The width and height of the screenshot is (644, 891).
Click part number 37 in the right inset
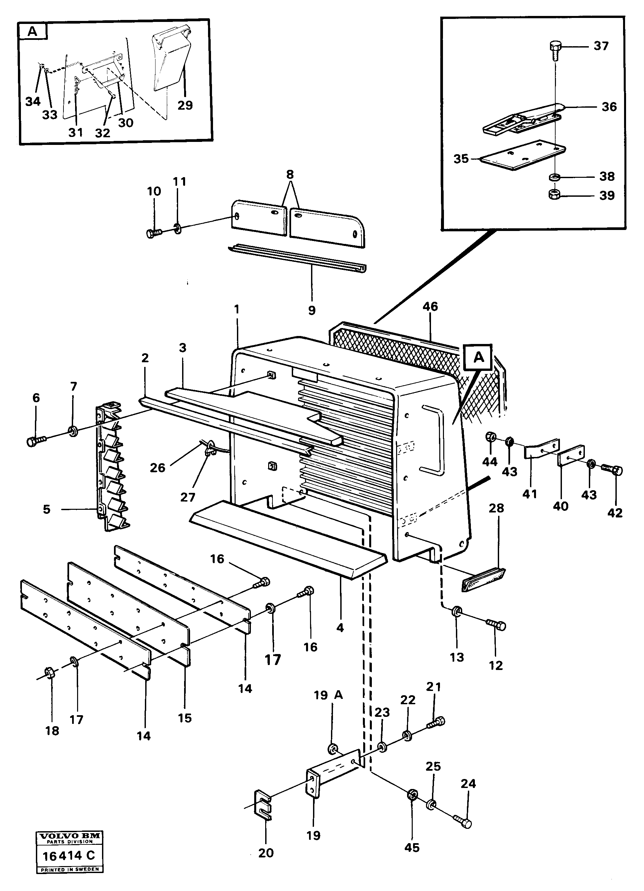(601, 46)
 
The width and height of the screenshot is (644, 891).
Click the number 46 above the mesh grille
(430, 306)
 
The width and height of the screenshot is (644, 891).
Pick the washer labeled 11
(177, 228)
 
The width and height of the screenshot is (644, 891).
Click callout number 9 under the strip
(312, 310)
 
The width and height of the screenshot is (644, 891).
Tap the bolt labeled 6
(35, 441)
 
